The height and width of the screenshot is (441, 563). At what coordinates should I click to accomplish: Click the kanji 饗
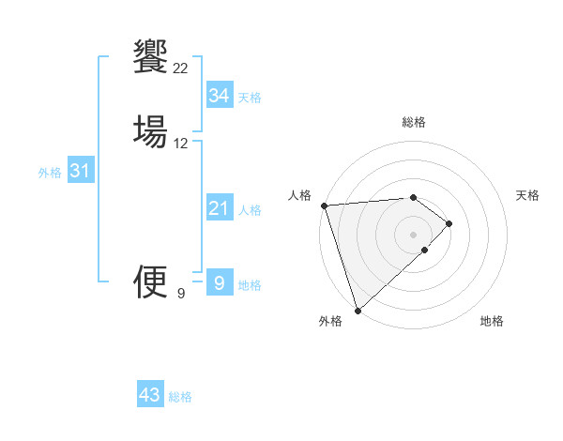click(151, 54)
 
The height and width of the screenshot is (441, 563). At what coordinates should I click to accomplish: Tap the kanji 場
click(151, 129)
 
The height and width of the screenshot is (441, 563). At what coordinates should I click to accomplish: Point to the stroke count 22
click(181, 68)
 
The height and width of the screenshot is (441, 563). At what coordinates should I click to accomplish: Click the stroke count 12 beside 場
click(181, 144)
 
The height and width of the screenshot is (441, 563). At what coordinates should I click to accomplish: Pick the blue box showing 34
click(219, 96)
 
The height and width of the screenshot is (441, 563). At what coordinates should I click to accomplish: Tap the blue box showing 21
click(219, 208)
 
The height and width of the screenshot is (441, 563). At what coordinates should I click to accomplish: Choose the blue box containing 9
click(219, 281)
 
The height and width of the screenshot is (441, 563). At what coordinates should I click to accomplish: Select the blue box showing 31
click(80, 171)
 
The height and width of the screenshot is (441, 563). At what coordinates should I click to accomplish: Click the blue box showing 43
click(150, 395)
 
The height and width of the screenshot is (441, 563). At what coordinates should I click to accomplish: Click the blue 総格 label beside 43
click(180, 397)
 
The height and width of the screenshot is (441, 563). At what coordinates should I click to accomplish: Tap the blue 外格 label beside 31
click(50, 173)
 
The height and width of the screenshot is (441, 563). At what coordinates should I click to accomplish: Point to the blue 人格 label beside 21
click(251, 210)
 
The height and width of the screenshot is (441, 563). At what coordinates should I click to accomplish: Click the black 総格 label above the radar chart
click(413, 122)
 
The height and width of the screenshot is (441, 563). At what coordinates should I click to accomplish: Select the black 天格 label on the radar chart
click(528, 195)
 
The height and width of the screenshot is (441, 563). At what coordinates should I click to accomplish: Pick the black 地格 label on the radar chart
click(492, 321)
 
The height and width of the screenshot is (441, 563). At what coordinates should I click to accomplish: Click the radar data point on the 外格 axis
click(357, 310)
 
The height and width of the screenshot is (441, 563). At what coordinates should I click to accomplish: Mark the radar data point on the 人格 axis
click(324, 205)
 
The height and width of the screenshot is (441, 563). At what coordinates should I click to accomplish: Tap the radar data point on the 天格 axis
click(449, 223)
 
